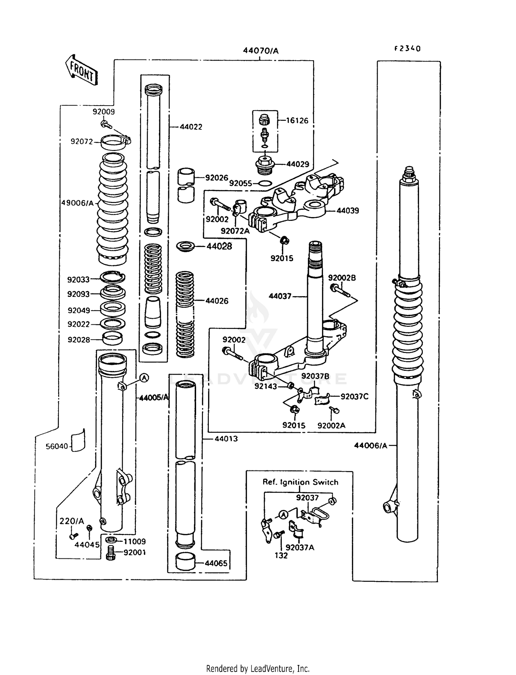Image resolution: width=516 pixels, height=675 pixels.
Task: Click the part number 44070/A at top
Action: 260,51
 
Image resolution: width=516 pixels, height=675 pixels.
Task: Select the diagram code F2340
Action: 407,49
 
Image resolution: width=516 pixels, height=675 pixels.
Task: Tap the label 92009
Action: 104,112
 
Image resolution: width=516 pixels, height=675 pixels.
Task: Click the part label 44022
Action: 191,127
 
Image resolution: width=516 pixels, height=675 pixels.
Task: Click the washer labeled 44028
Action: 185,246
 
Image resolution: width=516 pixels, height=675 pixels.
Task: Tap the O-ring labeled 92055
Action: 265,183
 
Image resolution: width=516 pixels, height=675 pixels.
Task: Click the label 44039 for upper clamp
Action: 347,211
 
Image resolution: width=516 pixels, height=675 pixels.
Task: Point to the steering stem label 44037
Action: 280,296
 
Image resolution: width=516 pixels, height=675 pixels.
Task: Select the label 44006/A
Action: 371,446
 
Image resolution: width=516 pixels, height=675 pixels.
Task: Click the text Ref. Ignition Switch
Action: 300,482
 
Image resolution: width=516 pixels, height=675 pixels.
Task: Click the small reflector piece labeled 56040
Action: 78,441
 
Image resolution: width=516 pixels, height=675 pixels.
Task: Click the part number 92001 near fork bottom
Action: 135,552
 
